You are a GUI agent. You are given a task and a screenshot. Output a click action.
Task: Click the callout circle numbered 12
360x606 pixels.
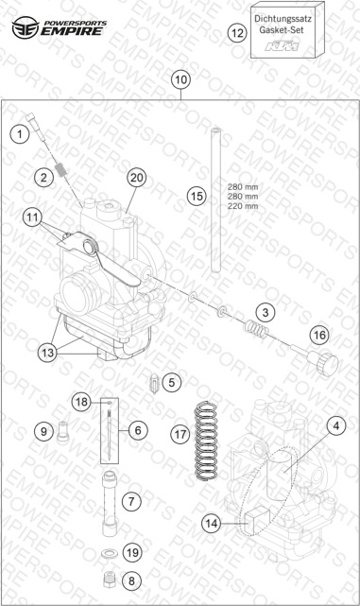tap(237, 33)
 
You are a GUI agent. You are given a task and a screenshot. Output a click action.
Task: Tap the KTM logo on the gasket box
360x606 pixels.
tap(282, 45)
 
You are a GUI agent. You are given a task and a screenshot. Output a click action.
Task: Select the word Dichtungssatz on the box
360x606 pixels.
tap(283, 18)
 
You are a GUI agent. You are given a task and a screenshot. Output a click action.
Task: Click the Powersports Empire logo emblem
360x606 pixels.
tap(26, 27)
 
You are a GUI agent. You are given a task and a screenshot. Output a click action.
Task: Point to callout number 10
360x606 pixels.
tap(180, 80)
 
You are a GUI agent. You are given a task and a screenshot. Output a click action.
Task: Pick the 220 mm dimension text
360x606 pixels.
tap(243, 206)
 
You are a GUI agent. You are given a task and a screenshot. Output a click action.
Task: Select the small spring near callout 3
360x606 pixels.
tap(256, 328)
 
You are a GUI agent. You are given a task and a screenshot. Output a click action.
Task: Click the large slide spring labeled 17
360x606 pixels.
tap(206, 441)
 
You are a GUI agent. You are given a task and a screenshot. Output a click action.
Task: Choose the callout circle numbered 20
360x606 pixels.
tap(137, 178)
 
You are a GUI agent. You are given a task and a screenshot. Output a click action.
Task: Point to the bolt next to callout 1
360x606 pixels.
tap(34, 127)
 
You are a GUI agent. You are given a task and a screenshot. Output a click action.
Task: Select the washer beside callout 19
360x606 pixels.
tap(109, 554)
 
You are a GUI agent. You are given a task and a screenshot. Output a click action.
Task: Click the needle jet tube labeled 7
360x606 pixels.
tap(110, 503)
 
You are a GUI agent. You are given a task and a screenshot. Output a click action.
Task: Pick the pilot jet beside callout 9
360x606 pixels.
tap(62, 431)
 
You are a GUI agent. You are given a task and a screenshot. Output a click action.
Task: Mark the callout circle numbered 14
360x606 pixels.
tap(212, 524)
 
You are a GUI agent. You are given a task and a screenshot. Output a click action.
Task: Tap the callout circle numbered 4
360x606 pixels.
tap(336, 425)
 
